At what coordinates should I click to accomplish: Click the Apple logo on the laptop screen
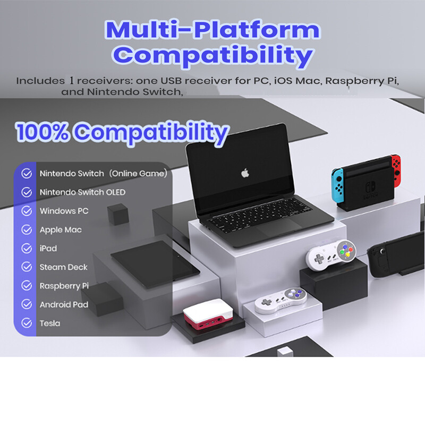click(245, 173)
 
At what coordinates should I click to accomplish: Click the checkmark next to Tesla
click(26, 323)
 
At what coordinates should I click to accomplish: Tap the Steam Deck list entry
click(63, 267)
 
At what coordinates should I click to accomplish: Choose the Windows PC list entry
click(64, 211)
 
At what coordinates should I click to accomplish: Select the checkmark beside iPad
click(26, 248)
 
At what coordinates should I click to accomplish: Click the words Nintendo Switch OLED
click(82, 192)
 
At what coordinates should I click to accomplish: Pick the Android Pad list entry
click(64, 304)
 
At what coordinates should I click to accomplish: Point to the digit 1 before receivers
click(71, 81)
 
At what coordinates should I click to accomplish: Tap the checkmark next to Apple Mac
click(26, 229)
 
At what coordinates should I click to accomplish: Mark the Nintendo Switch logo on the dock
click(368, 190)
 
